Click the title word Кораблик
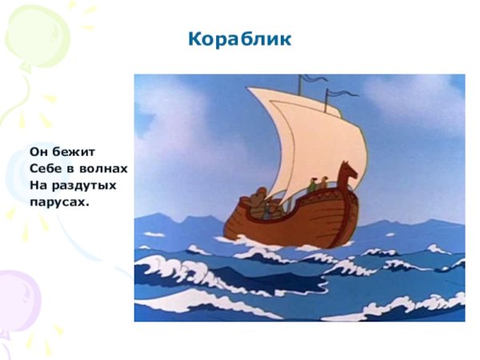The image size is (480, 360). (240, 39)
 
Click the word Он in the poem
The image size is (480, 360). (39, 150)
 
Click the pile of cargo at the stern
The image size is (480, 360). (257, 202)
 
